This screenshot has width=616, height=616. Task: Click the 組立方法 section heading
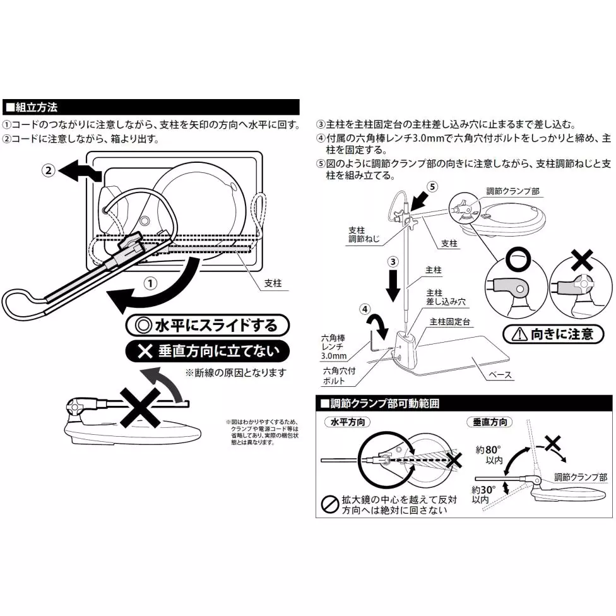click(32, 106)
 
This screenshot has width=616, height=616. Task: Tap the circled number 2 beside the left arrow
click(48, 170)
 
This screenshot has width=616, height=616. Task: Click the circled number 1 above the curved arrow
click(150, 283)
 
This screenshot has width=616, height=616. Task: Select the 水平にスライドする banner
click(208, 326)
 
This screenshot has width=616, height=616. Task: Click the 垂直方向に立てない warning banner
click(208, 351)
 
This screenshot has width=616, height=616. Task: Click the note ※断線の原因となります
click(235, 373)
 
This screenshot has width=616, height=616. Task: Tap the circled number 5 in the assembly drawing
click(432, 186)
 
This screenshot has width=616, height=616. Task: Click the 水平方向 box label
click(347, 422)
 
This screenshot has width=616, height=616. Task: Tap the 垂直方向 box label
click(489, 422)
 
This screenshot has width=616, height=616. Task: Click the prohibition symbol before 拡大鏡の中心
click(329, 503)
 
